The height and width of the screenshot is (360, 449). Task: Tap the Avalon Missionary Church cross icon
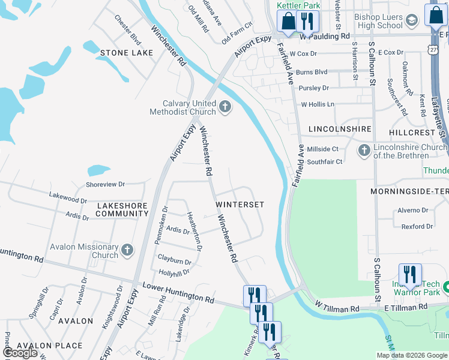pyautogui.click(x=127, y=250)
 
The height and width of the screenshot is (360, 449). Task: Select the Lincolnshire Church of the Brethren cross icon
pyautogui.click(x=364, y=151)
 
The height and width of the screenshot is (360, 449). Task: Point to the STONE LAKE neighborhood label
pyautogui.click(x=126, y=53)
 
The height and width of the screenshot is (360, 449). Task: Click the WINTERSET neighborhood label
pyautogui.click(x=240, y=205)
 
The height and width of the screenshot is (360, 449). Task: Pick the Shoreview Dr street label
pyautogui.click(x=105, y=184)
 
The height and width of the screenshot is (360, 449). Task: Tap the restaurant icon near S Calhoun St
pyautogui.click(x=410, y=274)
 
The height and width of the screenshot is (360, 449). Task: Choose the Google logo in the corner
pyautogui.click(x=20, y=353)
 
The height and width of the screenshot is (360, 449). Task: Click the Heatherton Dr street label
pyautogui.click(x=194, y=231)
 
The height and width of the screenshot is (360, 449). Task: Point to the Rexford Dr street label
pyautogui.click(x=417, y=227)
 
